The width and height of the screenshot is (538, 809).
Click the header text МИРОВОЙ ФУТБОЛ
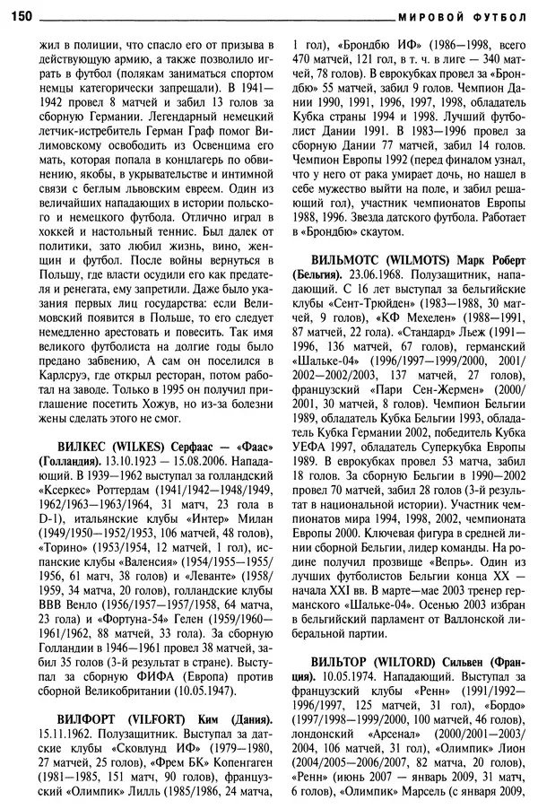[460, 16]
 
